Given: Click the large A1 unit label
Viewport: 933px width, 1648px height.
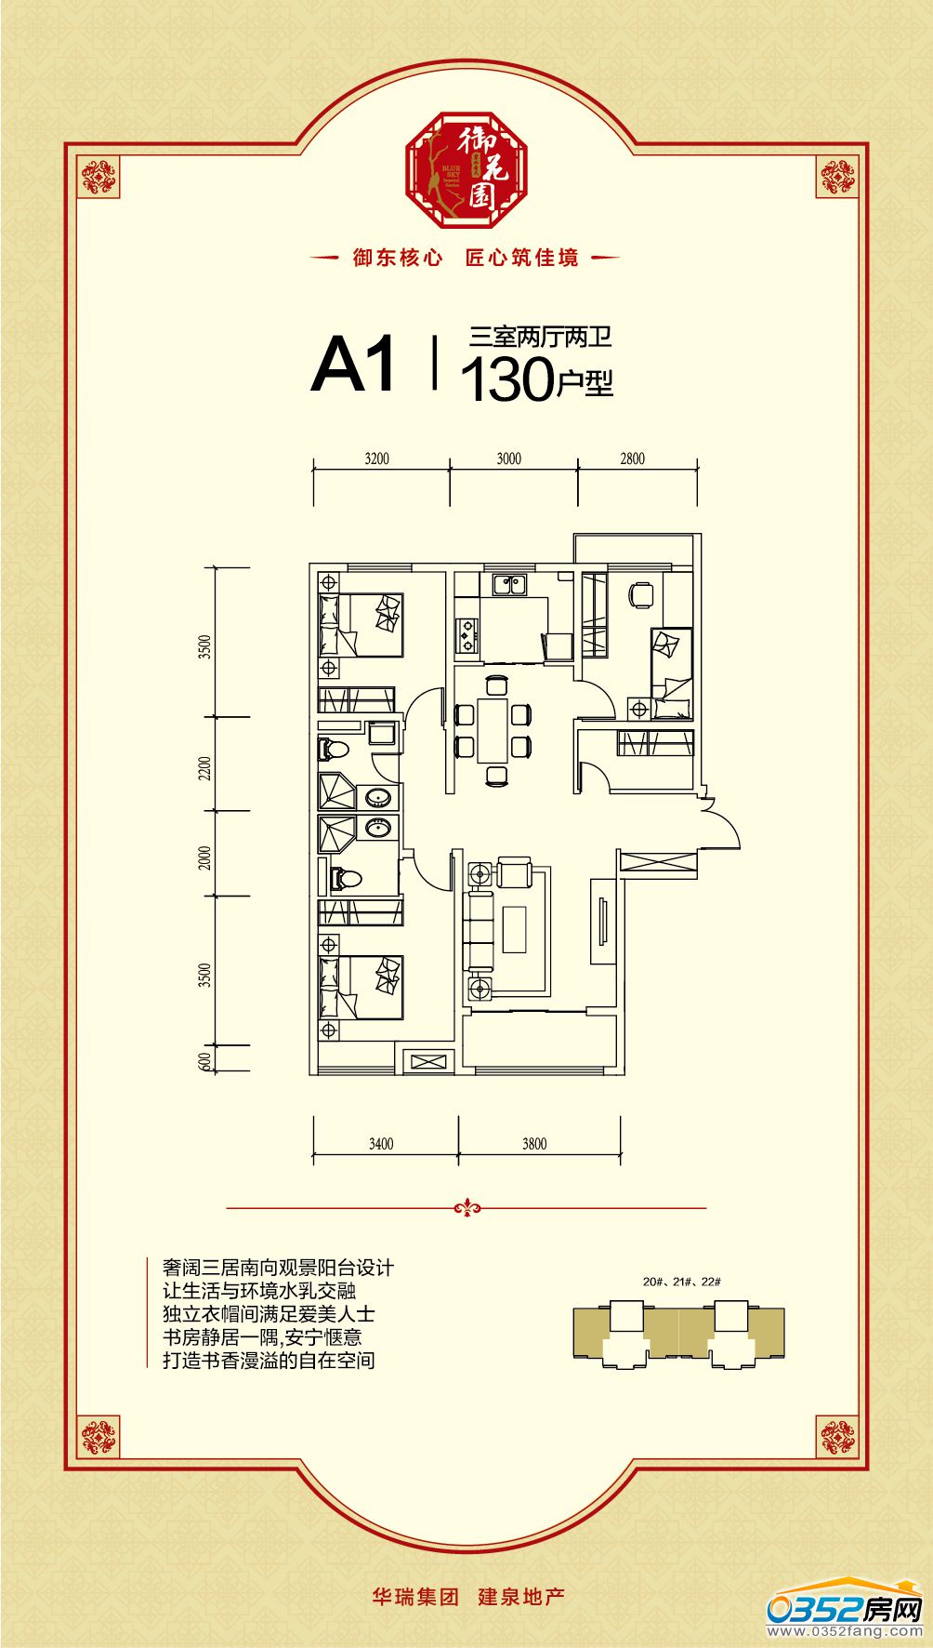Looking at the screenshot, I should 354,365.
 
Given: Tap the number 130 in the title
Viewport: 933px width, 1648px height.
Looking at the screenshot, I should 506,379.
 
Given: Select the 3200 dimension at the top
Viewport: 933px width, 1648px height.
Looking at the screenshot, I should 377,459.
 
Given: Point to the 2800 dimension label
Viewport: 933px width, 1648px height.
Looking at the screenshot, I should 632,459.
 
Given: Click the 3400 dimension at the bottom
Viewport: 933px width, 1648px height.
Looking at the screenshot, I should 381,1144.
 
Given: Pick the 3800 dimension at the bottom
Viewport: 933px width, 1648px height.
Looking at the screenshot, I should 534,1144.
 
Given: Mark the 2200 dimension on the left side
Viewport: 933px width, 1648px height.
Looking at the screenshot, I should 205,768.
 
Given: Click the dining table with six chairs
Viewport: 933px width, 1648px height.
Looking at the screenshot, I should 493,730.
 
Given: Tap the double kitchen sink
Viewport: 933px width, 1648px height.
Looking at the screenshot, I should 509,585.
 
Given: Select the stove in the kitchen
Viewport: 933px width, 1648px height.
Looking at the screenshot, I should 465,634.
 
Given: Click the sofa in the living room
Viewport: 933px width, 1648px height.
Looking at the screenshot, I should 480,930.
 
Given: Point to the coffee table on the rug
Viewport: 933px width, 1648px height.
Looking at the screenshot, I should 515,929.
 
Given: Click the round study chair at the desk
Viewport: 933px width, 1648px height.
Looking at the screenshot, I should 641,594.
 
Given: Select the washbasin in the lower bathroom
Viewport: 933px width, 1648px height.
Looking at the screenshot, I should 378,827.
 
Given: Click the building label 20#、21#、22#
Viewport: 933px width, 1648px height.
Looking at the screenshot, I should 682,1282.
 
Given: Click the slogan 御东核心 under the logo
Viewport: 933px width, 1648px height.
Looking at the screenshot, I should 398,258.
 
